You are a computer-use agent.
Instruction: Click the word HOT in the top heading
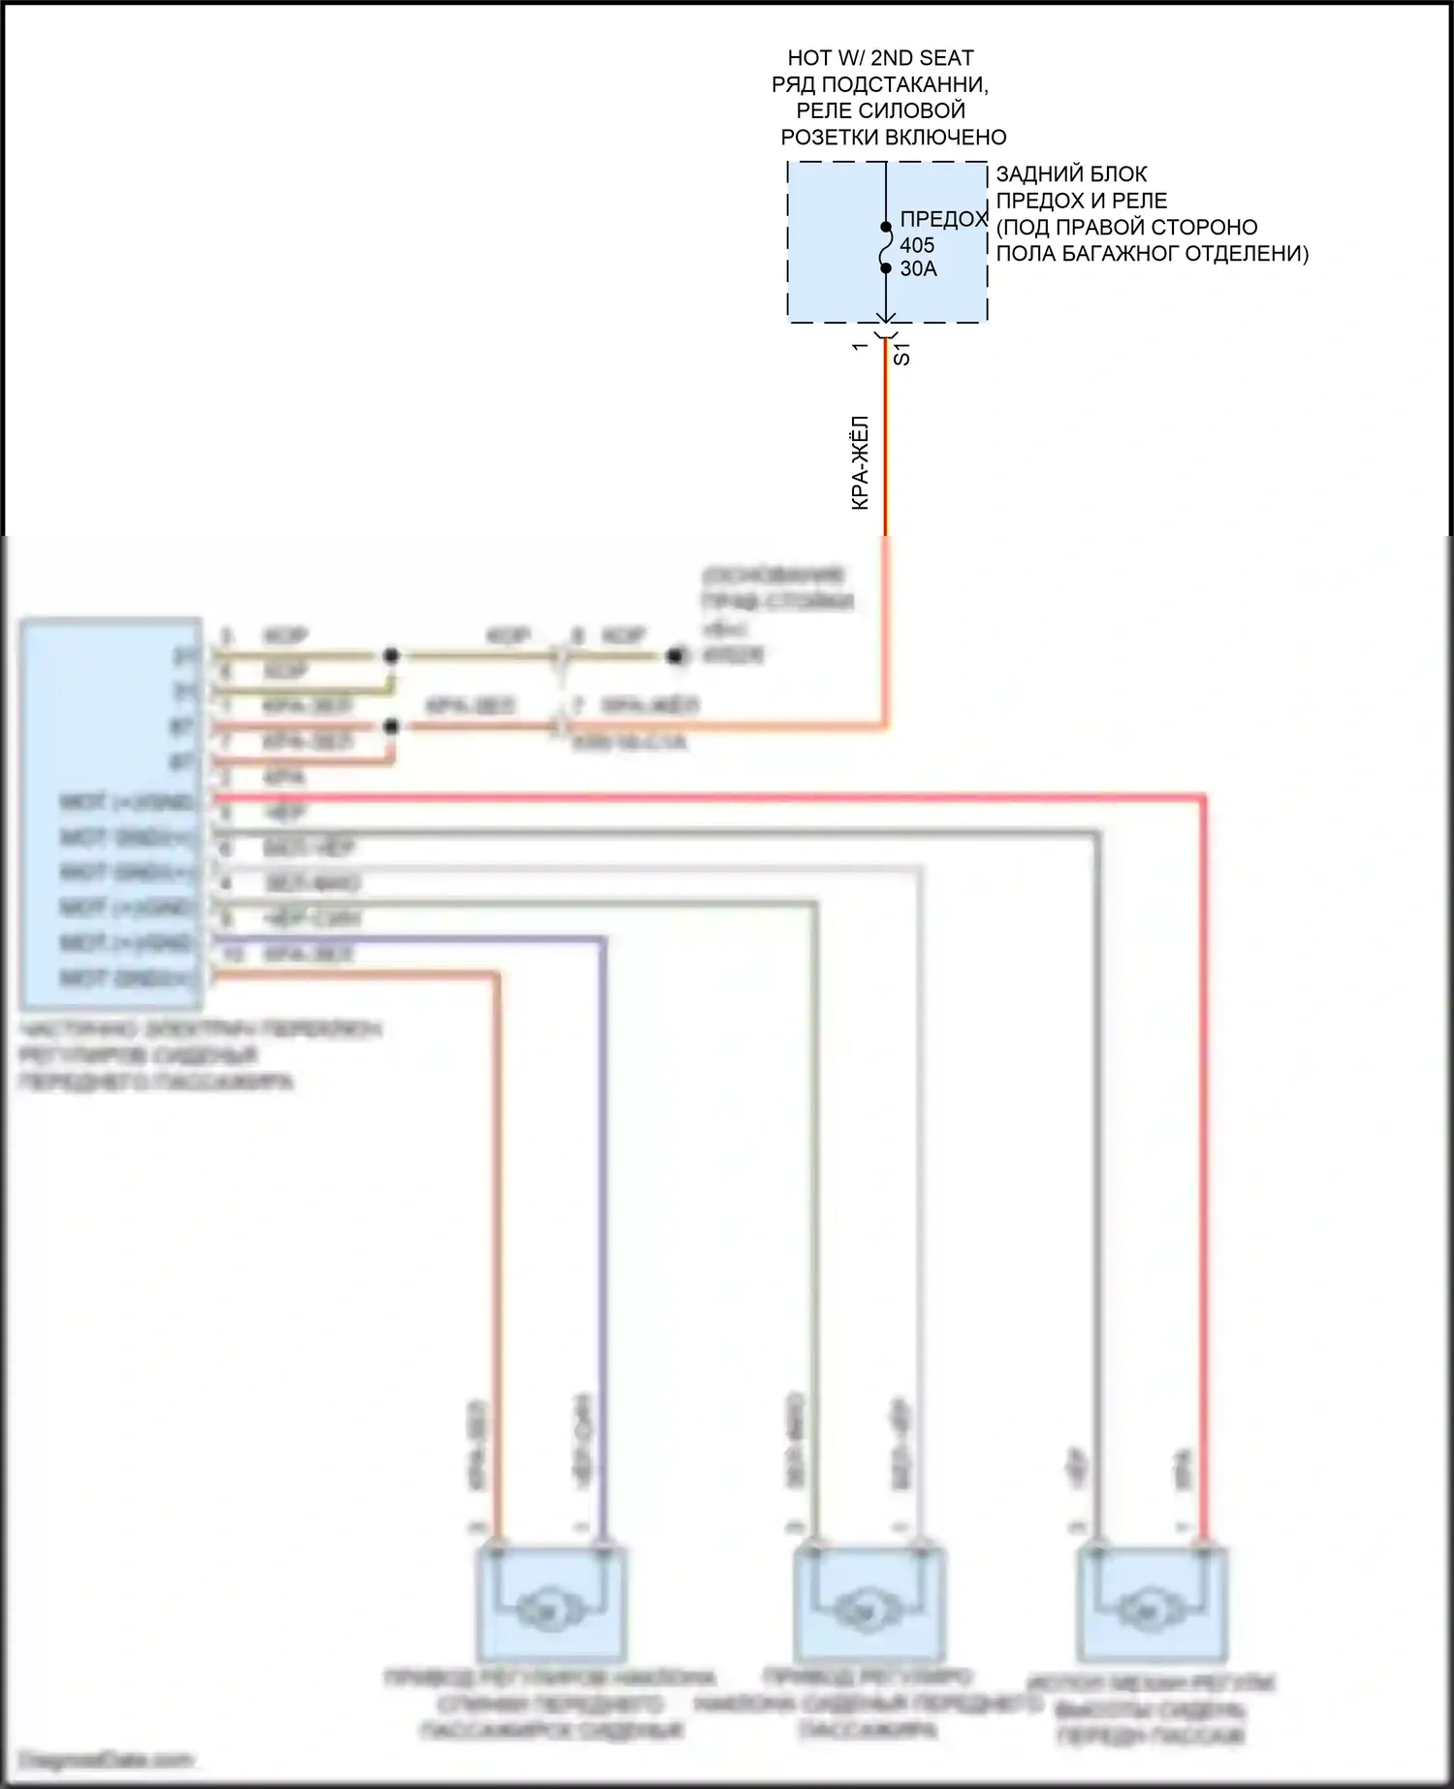(808, 59)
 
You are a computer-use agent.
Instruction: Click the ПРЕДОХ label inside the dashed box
(942, 220)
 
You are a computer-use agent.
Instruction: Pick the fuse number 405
(917, 245)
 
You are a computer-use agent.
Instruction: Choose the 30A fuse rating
(918, 269)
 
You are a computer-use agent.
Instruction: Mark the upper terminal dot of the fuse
(886, 228)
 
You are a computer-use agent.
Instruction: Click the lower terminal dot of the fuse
(886, 268)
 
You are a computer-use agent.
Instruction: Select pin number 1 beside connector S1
(859, 346)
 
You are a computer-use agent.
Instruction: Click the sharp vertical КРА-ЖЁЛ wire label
(860, 463)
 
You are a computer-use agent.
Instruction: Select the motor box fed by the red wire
(1152, 1605)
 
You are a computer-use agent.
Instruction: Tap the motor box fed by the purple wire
(551, 1605)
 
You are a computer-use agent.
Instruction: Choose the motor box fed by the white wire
(869, 1605)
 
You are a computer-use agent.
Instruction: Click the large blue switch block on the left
(111, 812)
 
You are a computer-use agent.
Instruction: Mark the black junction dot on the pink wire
(391, 727)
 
